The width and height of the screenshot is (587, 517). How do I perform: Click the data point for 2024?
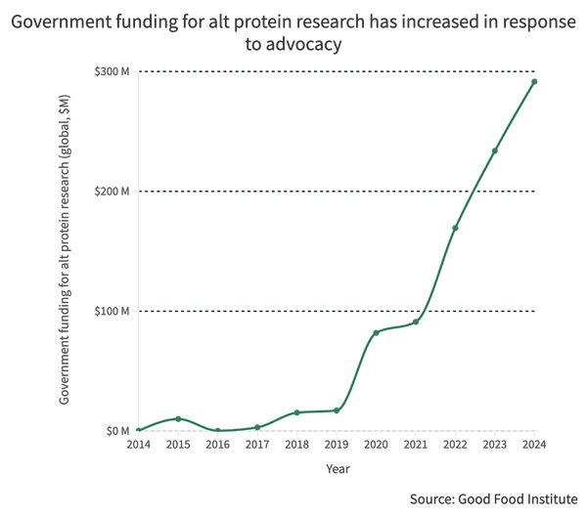point(534,81)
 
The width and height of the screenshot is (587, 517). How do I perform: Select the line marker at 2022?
point(455,228)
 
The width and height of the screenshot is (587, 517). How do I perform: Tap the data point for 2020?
point(376,333)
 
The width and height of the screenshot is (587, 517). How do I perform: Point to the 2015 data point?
point(178,418)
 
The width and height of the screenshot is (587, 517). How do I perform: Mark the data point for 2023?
point(495,151)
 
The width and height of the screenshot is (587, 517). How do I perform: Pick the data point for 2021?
point(416,323)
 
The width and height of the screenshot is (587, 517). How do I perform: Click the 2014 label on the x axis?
point(139,445)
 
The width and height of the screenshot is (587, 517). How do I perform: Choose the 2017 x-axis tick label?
point(257,445)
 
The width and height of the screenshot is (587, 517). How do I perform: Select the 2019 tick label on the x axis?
point(337,445)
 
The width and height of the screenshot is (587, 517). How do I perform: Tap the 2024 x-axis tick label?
point(534,445)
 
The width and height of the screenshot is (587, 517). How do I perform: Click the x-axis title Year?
point(337,469)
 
